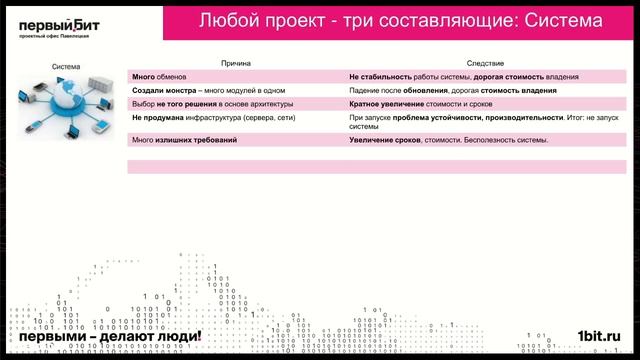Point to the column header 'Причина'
coord(236,62)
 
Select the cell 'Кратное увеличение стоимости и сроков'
coord(420,102)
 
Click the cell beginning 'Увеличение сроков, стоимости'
coord(448,140)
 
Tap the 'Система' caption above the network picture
coord(67,68)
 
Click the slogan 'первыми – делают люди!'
coord(104,337)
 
